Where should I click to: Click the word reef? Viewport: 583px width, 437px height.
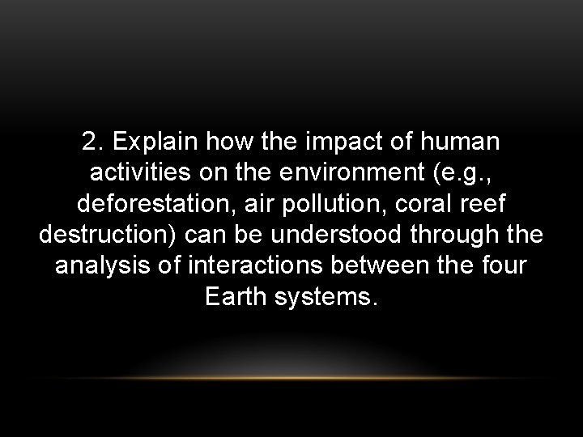(x=484, y=203)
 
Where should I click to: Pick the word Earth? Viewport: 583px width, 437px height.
(x=234, y=295)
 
